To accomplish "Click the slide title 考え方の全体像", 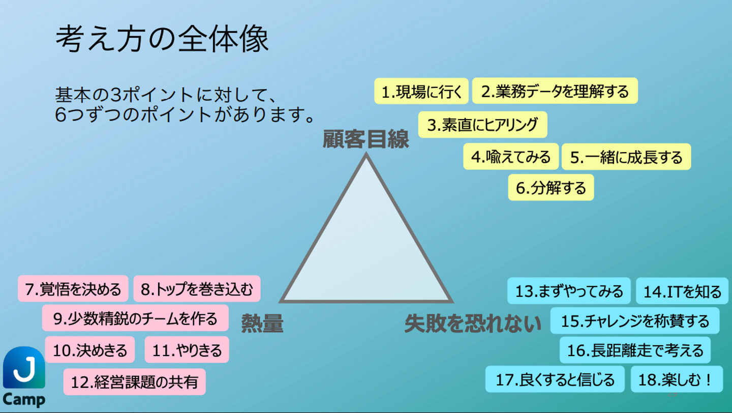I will coord(162,40).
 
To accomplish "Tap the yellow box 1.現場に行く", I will coord(421,91).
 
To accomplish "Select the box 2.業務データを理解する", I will coord(555,91).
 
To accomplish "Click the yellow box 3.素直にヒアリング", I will coord(482,125).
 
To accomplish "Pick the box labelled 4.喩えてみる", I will coord(510,157).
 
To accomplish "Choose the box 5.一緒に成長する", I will coord(626,157).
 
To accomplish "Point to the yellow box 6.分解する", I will coord(551,188).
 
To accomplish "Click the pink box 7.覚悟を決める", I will coord(73,289).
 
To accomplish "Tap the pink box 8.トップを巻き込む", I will coord(197,289).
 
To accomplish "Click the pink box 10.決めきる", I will coord(89,350).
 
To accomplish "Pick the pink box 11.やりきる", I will coord(187,350).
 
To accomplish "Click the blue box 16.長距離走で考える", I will coord(635,350).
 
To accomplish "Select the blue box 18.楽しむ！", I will coord(677,379).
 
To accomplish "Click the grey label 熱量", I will coord(262,323).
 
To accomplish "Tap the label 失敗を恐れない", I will coord(473,323).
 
